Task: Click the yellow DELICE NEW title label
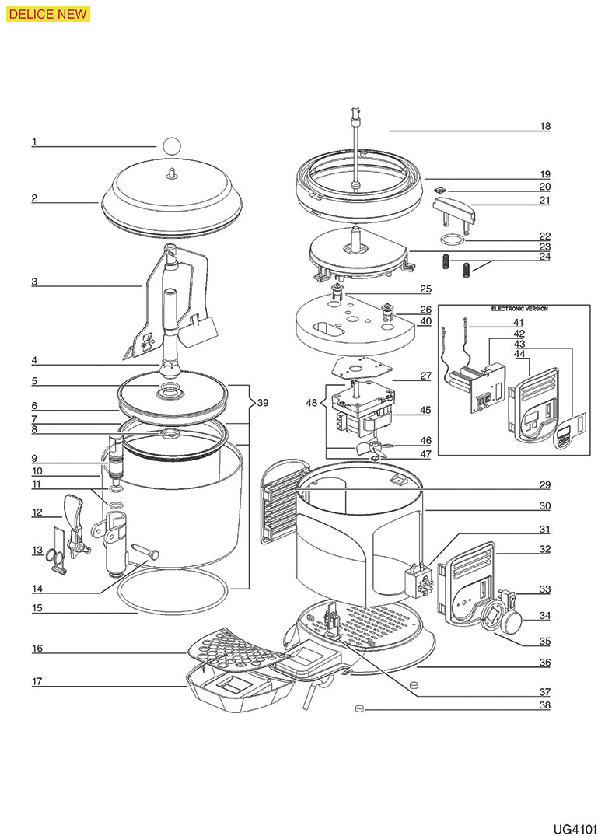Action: pos(46,12)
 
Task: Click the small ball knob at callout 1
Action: pos(172,145)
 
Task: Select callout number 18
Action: pos(544,126)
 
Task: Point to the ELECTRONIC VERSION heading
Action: pos(519,309)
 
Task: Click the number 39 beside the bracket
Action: pos(263,403)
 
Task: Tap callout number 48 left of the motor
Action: pos(312,403)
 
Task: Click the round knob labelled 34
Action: pos(513,620)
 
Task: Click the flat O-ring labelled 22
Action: pos(449,240)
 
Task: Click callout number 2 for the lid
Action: pos(34,198)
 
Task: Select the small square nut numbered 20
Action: pos(440,187)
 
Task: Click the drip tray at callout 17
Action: pos(233,691)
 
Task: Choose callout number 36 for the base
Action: pos(544,663)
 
